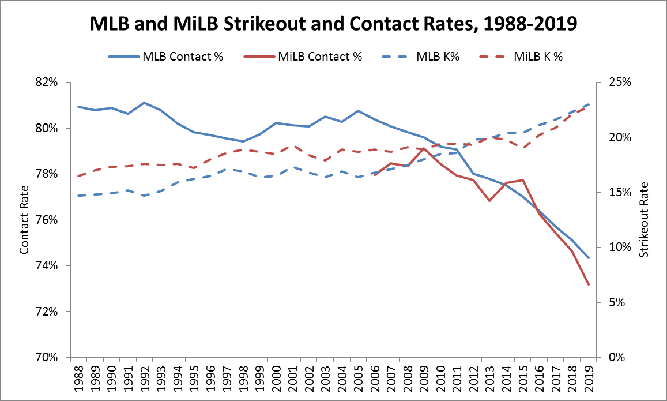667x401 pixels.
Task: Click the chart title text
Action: (333, 24)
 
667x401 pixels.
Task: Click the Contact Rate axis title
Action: (24, 220)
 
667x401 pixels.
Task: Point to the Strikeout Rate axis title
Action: (645, 220)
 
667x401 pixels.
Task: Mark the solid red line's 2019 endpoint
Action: (588, 284)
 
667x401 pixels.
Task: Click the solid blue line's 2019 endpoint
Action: (588, 258)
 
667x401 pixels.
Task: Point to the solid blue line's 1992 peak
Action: (144, 103)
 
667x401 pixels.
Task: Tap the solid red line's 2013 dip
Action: (489, 201)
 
